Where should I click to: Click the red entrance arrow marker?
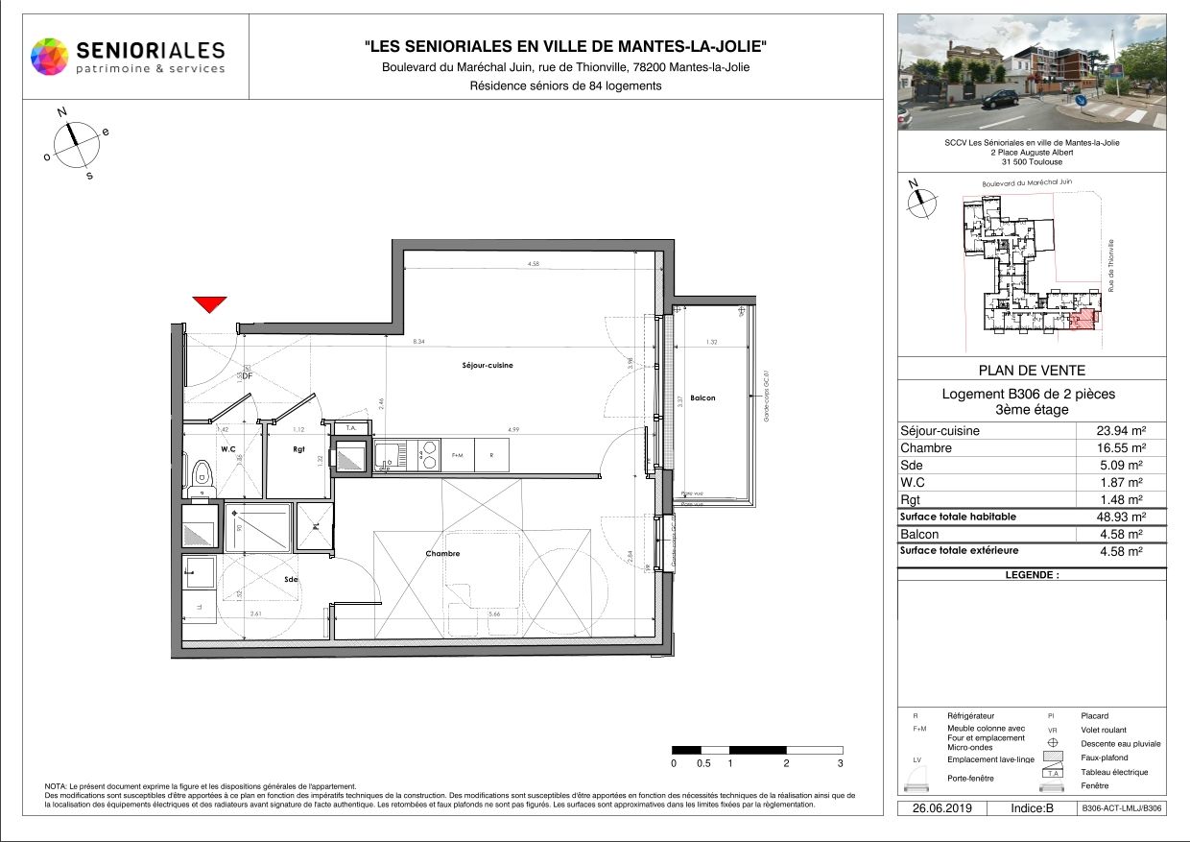click(209, 304)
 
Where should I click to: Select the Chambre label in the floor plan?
click(442, 554)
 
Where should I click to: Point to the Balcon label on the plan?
click(702, 397)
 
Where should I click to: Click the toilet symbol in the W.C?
click(202, 473)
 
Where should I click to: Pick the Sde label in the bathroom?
click(291, 581)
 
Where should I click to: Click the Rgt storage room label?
click(298, 448)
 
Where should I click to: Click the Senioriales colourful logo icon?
click(50, 56)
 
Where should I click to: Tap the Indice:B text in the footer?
click(1032, 808)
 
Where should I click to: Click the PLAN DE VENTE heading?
click(1032, 371)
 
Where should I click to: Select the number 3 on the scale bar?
click(840, 763)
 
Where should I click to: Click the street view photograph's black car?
click(999, 98)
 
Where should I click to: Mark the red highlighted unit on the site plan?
click(1081, 321)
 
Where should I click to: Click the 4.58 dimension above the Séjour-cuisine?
click(533, 264)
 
